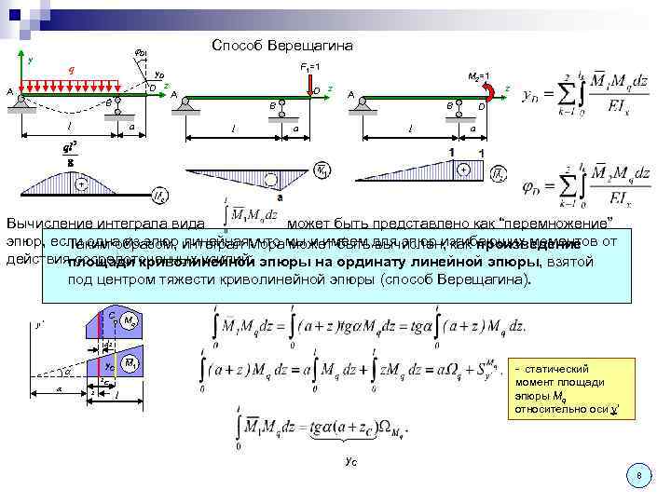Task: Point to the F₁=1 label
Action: pyautogui.click(x=310, y=67)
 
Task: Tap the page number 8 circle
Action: pyautogui.click(x=638, y=476)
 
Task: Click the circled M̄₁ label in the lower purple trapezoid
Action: pyautogui.click(x=130, y=361)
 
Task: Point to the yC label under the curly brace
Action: pyautogui.click(x=349, y=460)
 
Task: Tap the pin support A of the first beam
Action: pyautogui.click(x=21, y=102)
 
